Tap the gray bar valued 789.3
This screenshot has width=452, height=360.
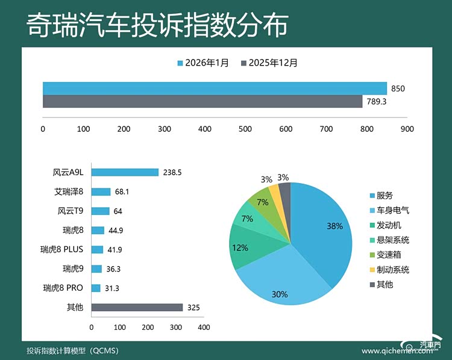[x=202, y=101]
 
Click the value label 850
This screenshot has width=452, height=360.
[x=398, y=88]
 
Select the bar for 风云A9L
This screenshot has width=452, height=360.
[x=125, y=172]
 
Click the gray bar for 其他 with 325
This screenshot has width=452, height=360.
[x=137, y=308]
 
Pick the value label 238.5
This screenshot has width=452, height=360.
[x=172, y=172]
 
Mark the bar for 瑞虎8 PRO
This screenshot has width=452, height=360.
[x=96, y=288]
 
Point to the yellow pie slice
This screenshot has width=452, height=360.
[x=274, y=191]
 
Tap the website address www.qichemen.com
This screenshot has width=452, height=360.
[x=389, y=351]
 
